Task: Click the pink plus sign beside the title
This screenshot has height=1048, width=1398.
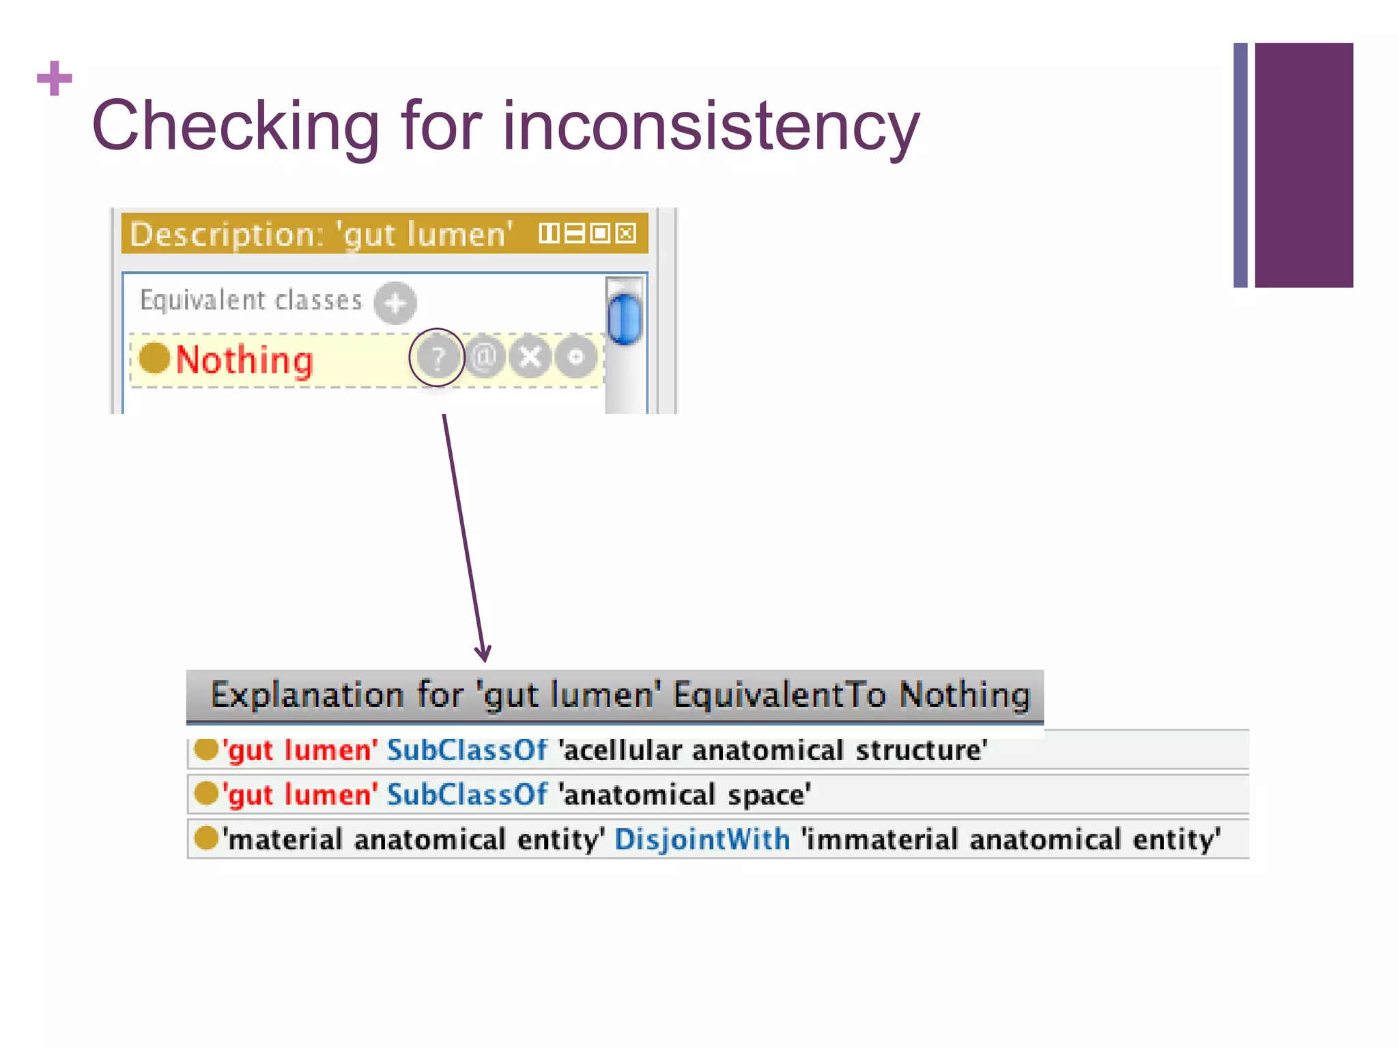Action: [x=55, y=78]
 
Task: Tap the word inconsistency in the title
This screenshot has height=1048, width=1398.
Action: [x=711, y=126]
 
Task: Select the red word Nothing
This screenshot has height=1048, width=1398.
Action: [x=244, y=360]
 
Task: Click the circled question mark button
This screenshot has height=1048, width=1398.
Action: [x=437, y=356]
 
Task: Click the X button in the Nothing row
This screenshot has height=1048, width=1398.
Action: [x=530, y=356]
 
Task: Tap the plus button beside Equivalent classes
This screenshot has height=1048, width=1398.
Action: [x=395, y=302]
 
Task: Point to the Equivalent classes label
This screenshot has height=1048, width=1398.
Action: [x=251, y=300]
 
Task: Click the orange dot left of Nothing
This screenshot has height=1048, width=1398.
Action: [x=154, y=358]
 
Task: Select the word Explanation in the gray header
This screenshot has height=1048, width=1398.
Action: [x=306, y=695]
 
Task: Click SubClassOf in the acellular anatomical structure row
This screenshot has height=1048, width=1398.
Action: [x=467, y=751]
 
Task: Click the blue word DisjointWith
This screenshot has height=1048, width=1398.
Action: [x=702, y=839]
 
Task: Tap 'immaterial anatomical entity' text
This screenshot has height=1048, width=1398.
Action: [x=1011, y=839]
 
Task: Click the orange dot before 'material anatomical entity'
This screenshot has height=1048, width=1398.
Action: [x=205, y=838]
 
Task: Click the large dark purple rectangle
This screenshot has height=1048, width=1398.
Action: [x=1304, y=164]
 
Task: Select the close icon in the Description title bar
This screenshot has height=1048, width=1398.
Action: [x=626, y=233]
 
